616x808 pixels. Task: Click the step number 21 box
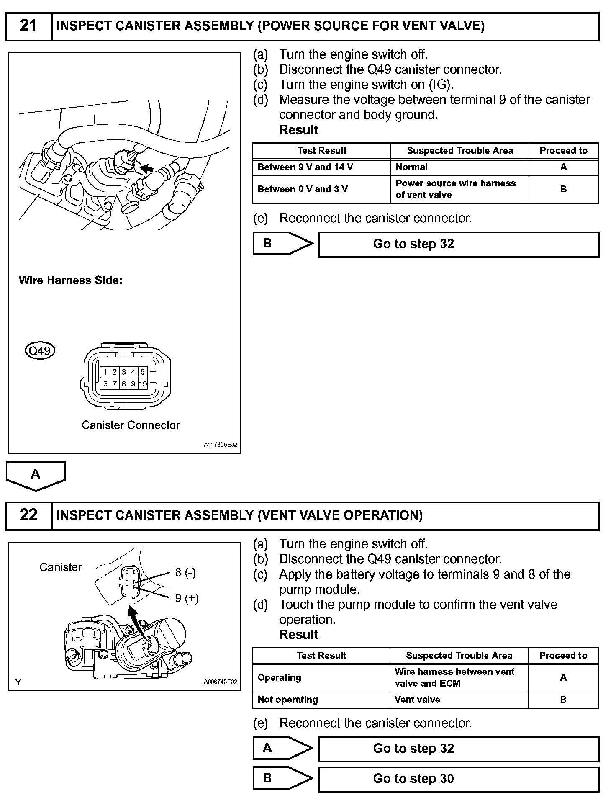[28, 26]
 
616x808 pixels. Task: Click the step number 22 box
[28, 515]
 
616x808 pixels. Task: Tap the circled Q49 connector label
[40, 350]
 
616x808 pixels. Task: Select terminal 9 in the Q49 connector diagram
[133, 383]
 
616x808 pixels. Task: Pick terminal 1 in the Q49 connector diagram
[105, 372]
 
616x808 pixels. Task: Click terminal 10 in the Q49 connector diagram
[143, 383]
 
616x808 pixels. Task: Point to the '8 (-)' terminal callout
[185, 572]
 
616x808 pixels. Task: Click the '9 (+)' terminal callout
[187, 598]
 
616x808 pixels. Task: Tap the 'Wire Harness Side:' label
[71, 280]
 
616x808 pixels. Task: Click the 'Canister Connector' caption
[131, 425]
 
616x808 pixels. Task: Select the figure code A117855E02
[221, 445]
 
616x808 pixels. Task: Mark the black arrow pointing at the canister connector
[146, 168]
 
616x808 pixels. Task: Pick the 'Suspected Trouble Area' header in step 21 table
[460, 151]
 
